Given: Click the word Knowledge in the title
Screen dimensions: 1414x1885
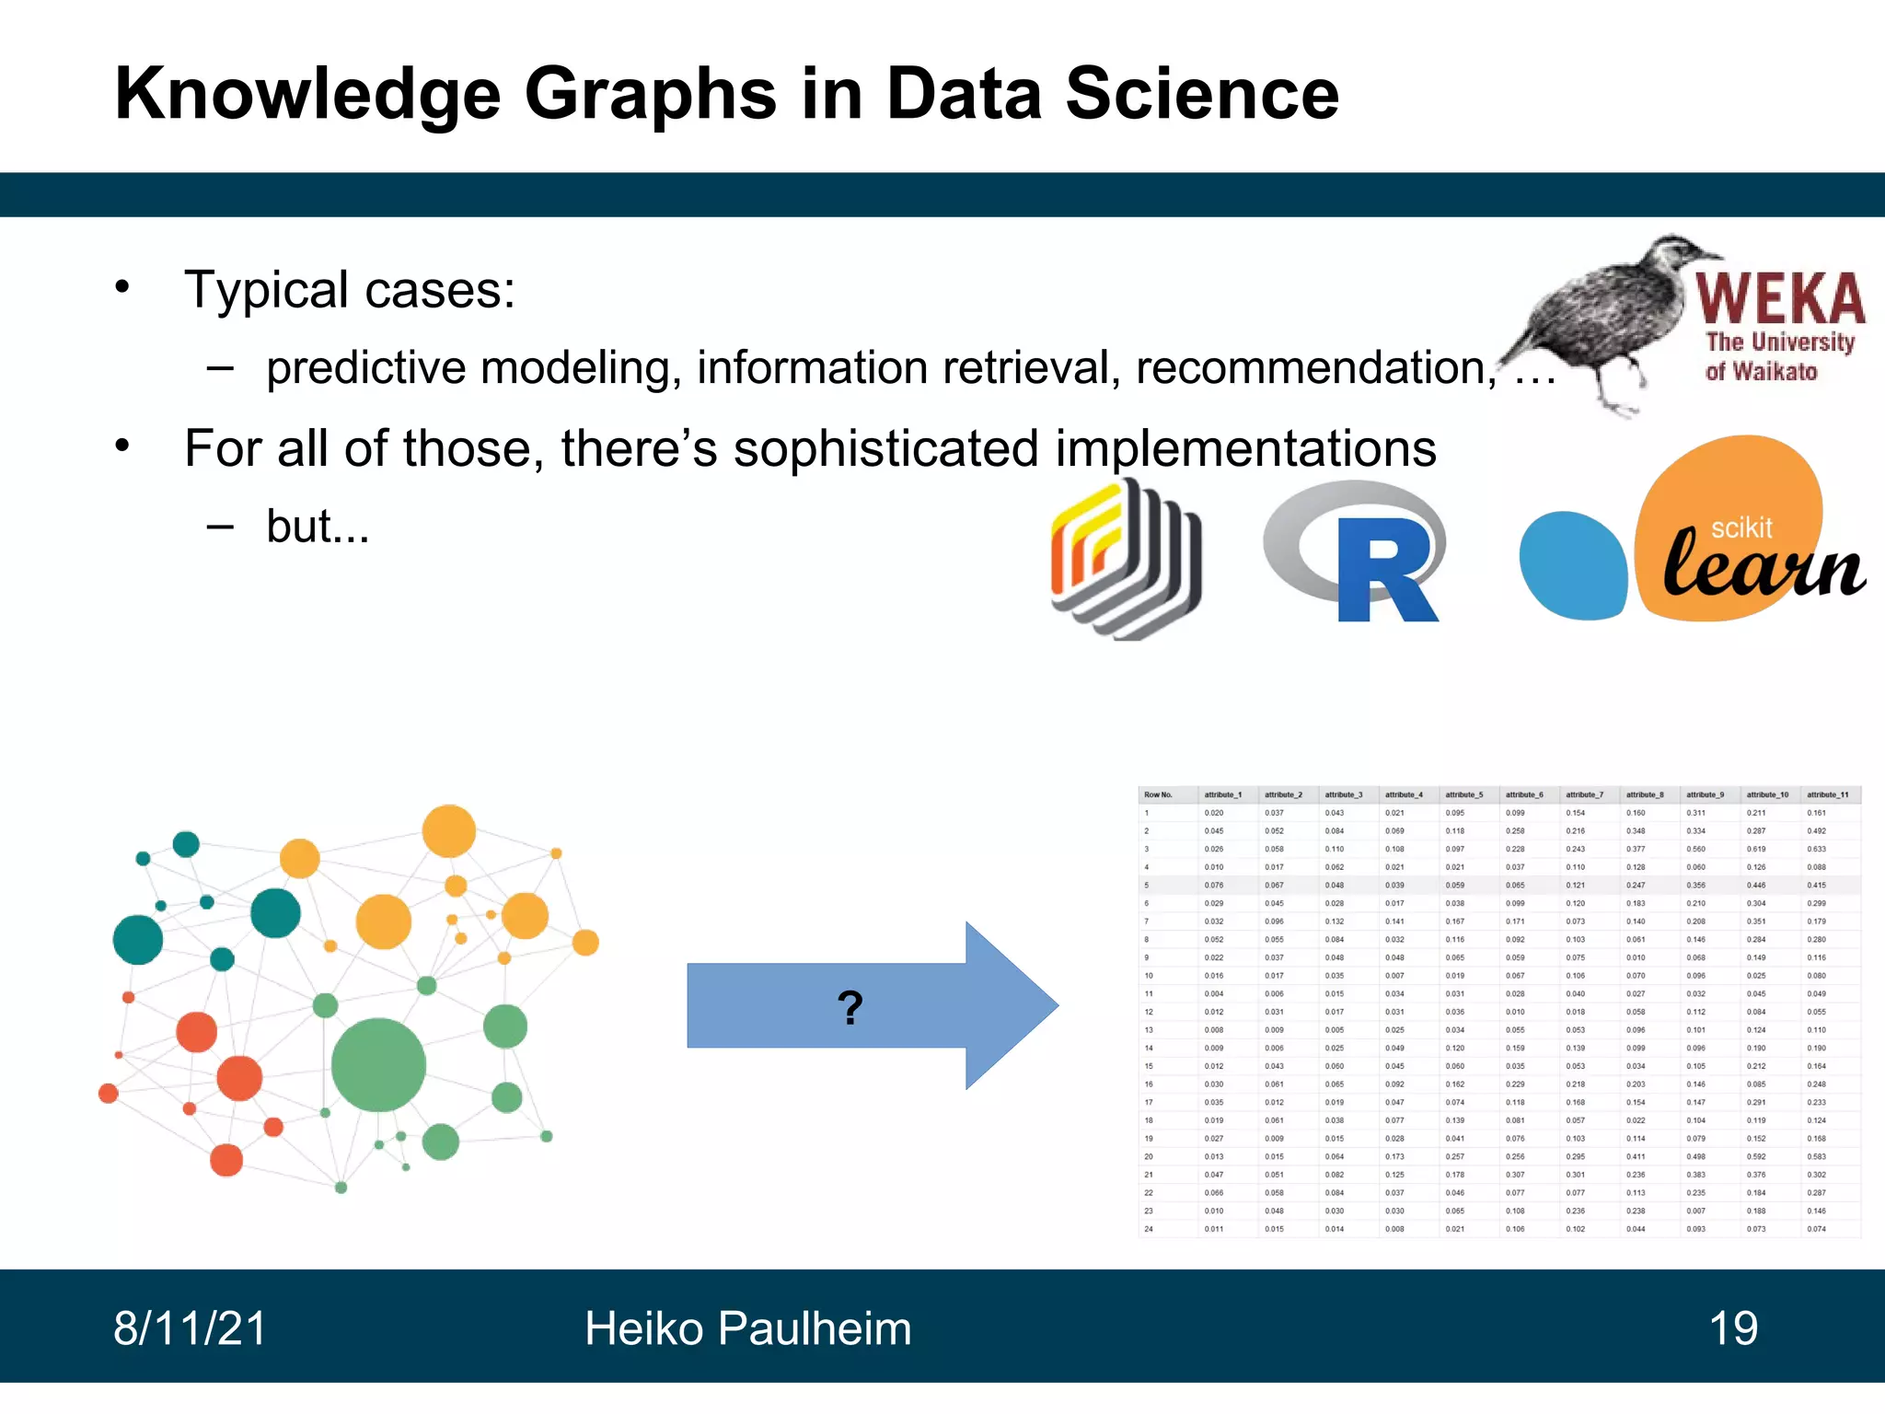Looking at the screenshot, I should (x=307, y=94).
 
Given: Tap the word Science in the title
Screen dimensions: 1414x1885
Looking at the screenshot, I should (x=1201, y=94).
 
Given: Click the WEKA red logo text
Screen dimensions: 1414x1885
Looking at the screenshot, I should (x=1780, y=298).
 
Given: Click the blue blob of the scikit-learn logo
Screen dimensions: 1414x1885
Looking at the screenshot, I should (x=1572, y=565).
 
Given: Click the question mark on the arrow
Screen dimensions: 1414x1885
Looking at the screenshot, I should (x=850, y=1007).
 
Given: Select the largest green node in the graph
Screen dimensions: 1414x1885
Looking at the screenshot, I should (x=378, y=1065).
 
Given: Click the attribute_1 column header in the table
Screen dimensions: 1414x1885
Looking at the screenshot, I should (x=1222, y=794).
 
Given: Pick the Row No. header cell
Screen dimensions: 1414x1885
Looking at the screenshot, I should (x=1158, y=794).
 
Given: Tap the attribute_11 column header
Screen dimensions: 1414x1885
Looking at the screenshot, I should (x=1827, y=794).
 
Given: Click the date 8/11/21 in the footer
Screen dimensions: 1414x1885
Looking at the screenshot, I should (x=190, y=1328).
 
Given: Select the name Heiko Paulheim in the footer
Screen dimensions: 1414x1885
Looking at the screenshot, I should (x=747, y=1328).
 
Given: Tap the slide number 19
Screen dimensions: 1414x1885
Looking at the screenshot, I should (x=1732, y=1328).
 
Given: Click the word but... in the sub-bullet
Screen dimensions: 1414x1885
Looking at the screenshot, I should (x=318, y=527).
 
